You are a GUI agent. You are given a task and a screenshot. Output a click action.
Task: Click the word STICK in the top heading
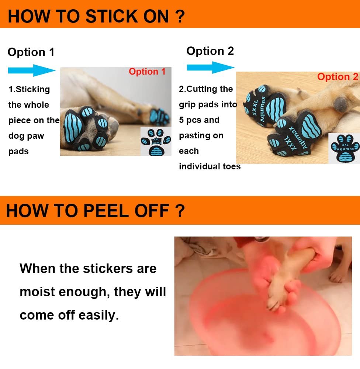(x=111, y=16)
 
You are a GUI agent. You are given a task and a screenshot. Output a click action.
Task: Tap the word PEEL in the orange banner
(x=106, y=211)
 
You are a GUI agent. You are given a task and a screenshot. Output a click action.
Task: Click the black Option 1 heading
(x=31, y=52)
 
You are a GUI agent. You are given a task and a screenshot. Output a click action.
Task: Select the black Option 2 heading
(x=210, y=51)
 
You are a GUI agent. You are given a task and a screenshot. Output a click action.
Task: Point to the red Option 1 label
(x=147, y=72)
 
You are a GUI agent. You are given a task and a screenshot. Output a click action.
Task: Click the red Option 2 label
(x=337, y=77)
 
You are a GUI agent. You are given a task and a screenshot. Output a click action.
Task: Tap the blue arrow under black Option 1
(x=32, y=70)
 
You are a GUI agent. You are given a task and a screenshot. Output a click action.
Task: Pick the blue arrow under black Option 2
(x=211, y=68)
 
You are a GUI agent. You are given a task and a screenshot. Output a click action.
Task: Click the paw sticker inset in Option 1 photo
(x=156, y=142)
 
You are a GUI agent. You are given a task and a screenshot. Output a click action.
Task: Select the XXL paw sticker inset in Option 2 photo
(x=345, y=148)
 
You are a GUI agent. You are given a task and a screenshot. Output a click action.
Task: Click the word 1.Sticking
(x=29, y=89)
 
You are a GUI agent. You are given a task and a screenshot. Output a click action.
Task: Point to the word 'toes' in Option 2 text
(x=232, y=166)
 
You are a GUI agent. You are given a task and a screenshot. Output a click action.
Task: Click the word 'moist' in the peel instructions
(x=37, y=292)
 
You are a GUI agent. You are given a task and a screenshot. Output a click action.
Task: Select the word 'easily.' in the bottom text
(x=98, y=315)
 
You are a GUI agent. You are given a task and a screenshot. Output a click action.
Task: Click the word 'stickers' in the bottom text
(x=108, y=269)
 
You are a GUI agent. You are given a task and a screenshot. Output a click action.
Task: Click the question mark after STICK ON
(x=180, y=16)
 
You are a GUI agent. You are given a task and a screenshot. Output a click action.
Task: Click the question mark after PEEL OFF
(x=180, y=211)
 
